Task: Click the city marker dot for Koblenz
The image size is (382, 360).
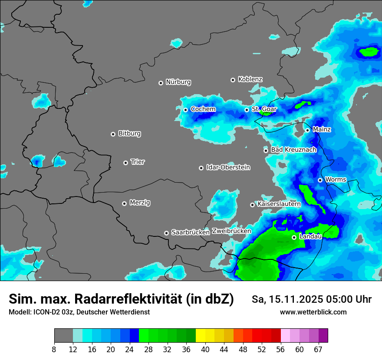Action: click(x=233, y=80)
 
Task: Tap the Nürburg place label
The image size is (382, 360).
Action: click(x=178, y=82)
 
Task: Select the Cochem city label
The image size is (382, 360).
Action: click(x=203, y=109)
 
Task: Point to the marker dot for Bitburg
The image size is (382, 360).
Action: click(x=113, y=134)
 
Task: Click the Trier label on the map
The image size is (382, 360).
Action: click(x=138, y=162)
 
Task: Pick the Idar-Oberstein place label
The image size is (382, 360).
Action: click(x=228, y=167)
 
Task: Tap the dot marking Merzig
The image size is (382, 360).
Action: click(x=124, y=203)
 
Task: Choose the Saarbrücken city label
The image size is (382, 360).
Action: click(x=191, y=232)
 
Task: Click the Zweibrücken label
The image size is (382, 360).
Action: click(x=231, y=231)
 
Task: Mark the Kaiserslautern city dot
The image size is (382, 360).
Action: click(x=252, y=205)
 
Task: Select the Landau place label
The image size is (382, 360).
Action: click(x=310, y=236)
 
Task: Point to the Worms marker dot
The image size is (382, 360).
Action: click(x=320, y=180)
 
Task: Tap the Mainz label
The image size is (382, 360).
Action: click(x=322, y=130)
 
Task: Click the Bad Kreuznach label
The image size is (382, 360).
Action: click(x=293, y=150)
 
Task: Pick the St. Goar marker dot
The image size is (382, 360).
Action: click(x=247, y=110)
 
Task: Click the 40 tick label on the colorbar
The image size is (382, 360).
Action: click(x=205, y=349)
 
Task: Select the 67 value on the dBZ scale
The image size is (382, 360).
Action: click(x=318, y=349)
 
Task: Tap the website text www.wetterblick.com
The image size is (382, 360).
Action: click(x=313, y=312)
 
